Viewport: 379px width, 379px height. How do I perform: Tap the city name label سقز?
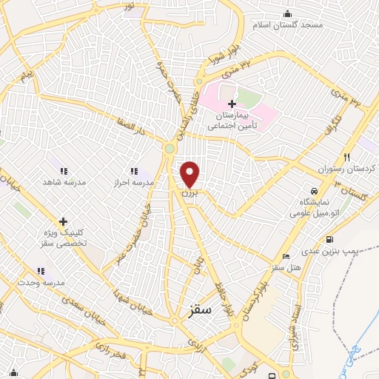pyautogui.click(x=200, y=311)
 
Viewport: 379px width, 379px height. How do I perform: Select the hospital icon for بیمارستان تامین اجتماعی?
pyautogui.click(x=232, y=104)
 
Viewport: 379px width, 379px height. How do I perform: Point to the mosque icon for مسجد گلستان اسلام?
pyautogui.click(x=287, y=14)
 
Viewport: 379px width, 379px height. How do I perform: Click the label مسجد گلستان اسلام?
pyautogui.click(x=295, y=25)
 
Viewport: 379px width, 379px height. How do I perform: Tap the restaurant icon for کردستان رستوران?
pyautogui.click(x=346, y=157)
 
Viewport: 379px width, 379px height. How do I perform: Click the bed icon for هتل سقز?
pyautogui.click(x=286, y=256)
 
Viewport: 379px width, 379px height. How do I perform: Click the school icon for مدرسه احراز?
pyautogui.click(x=134, y=171)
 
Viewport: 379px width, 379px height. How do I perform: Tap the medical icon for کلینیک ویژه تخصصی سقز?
pyautogui.click(x=63, y=221)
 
